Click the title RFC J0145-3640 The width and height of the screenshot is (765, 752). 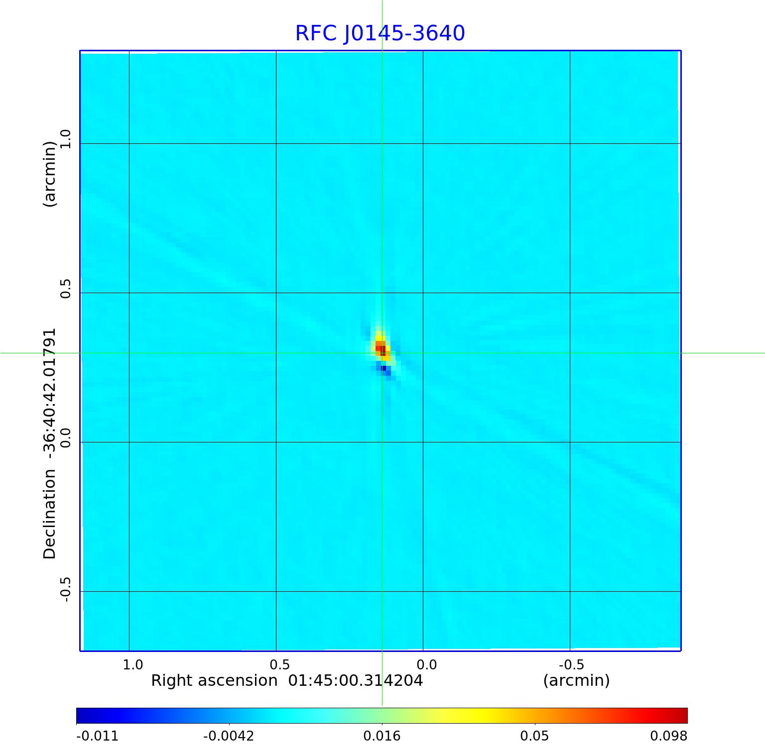(380, 33)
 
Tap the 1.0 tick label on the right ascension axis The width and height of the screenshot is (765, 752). (133, 665)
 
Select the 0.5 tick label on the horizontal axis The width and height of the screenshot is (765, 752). (279, 665)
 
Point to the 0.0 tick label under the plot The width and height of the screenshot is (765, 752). (426, 665)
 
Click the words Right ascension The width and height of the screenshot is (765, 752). (214, 681)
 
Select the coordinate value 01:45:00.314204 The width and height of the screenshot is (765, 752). (356, 681)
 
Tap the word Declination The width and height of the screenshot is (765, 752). (50, 514)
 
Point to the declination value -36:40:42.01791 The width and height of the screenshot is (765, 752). (50, 393)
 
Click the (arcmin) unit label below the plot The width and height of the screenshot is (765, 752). (576, 681)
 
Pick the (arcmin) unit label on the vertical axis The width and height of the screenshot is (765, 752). (50, 174)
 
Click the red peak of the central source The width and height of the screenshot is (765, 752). (382, 350)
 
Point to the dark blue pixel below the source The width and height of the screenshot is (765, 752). (384, 368)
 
